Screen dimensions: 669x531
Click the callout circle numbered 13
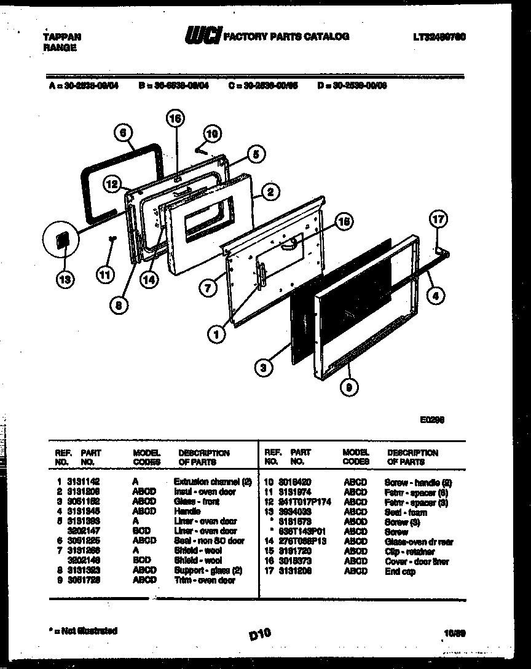pyautogui.click(x=65, y=280)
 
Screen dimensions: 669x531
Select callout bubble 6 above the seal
pyautogui.click(x=123, y=132)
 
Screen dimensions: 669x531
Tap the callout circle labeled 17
pyautogui.click(x=439, y=218)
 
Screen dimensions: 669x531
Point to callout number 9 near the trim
pyautogui.click(x=348, y=387)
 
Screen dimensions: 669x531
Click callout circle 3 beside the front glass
pyautogui.click(x=264, y=368)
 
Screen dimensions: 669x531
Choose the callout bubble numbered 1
pyautogui.click(x=216, y=334)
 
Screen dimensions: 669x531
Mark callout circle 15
pyautogui.click(x=345, y=221)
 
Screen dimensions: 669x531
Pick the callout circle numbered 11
pyautogui.click(x=105, y=275)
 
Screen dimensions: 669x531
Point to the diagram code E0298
pyautogui.click(x=432, y=420)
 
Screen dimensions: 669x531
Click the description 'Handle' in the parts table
pyautogui.click(x=187, y=511)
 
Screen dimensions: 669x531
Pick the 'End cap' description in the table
pyautogui.click(x=399, y=571)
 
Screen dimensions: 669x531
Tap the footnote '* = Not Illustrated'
pyautogui.click(x=83, y=630)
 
